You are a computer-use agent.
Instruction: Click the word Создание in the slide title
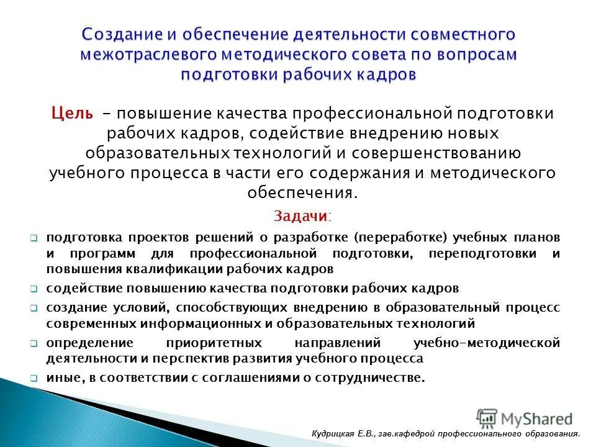[x=118, y=35]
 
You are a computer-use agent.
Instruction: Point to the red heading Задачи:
[x=302, y=216]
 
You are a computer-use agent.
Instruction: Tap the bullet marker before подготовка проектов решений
[x=34, y=238]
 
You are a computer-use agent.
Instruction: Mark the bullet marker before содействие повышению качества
[x=34, y=289]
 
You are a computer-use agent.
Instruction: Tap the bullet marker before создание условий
[x=34, y=308]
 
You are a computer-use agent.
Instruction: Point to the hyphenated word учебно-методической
[x=486, y=343]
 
